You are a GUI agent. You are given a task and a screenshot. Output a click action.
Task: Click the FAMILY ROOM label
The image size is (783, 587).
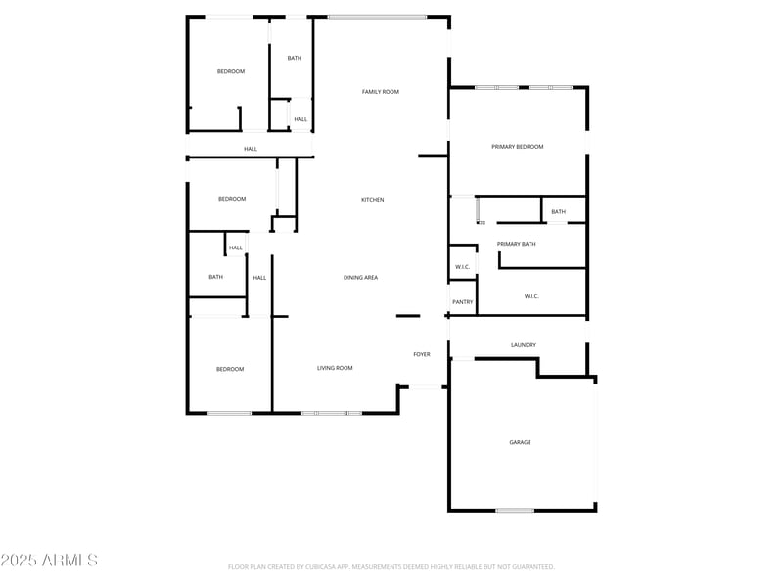coord(381,92)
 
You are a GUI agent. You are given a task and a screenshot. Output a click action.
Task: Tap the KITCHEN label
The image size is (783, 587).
coord(373,200)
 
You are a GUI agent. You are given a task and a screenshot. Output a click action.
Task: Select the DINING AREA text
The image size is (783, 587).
coord(360,278)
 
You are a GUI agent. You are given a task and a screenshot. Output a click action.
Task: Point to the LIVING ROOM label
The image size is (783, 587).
coord(335,368)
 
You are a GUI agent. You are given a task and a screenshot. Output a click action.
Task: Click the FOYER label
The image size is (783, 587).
coord(422,354)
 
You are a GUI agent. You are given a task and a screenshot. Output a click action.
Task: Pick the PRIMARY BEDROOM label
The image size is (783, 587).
coord(517,147)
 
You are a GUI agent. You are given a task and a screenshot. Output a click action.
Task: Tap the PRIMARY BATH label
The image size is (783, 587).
coord(516,244)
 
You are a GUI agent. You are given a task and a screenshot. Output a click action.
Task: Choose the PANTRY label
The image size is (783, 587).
coord(462,302)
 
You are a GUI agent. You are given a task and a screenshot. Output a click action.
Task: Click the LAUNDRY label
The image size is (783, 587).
coord(524,345)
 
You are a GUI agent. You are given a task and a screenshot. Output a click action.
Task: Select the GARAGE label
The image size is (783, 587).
coord(520,442)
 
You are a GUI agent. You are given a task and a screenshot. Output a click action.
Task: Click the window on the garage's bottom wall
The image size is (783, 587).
coord(515,510)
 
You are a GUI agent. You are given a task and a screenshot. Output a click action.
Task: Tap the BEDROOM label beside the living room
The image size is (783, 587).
coord(230,369)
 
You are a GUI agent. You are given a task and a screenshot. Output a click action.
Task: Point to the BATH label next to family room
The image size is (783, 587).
coord(295,58)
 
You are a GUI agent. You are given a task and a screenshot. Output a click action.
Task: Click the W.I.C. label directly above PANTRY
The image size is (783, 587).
coord(462,267)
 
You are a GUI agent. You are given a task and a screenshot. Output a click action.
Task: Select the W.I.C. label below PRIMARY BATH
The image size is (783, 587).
coord(531,296)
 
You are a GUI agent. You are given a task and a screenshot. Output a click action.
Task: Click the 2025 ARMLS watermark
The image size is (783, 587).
coord(49,561)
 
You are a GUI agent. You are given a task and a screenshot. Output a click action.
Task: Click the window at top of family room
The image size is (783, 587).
coord(377,17)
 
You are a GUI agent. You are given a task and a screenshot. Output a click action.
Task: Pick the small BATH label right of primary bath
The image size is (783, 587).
coord(558,212)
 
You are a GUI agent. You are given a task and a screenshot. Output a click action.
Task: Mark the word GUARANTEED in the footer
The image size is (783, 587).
coord(529,566)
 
